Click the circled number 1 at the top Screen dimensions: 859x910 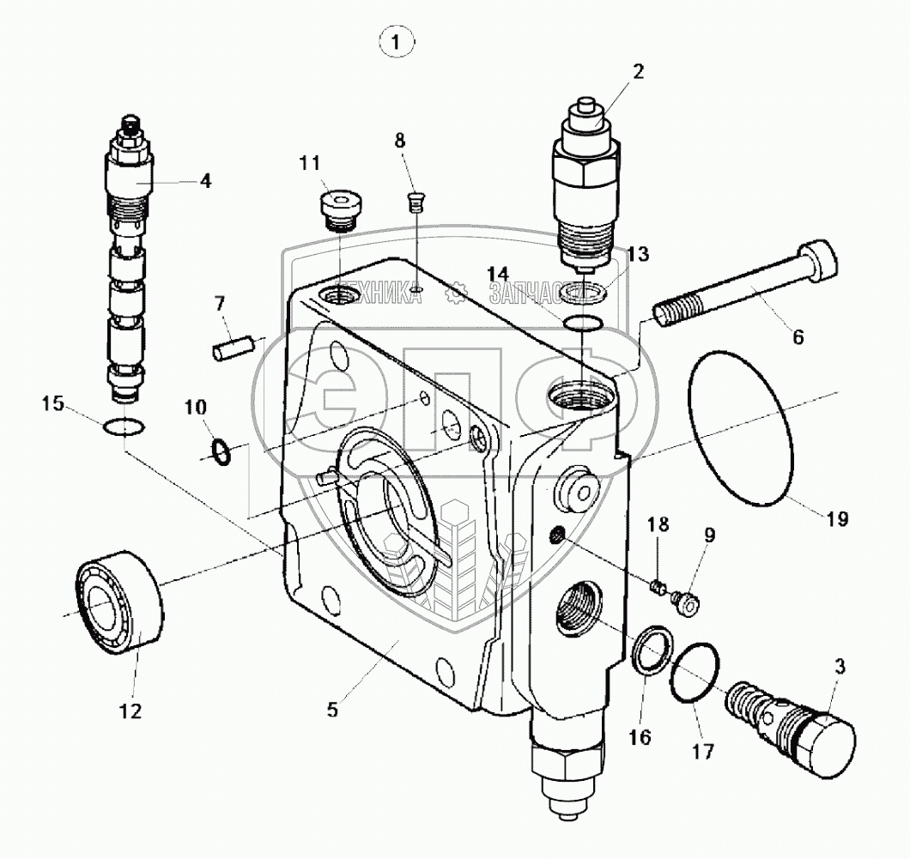[396, 41]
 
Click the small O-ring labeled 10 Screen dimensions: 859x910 [221, 451]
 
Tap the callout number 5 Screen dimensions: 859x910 [333, 710]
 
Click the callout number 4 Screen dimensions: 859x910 [206, 180]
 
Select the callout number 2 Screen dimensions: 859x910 [638, 72]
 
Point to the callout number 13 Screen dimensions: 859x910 [637, 255]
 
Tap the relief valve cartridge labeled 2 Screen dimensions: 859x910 [584, 180]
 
